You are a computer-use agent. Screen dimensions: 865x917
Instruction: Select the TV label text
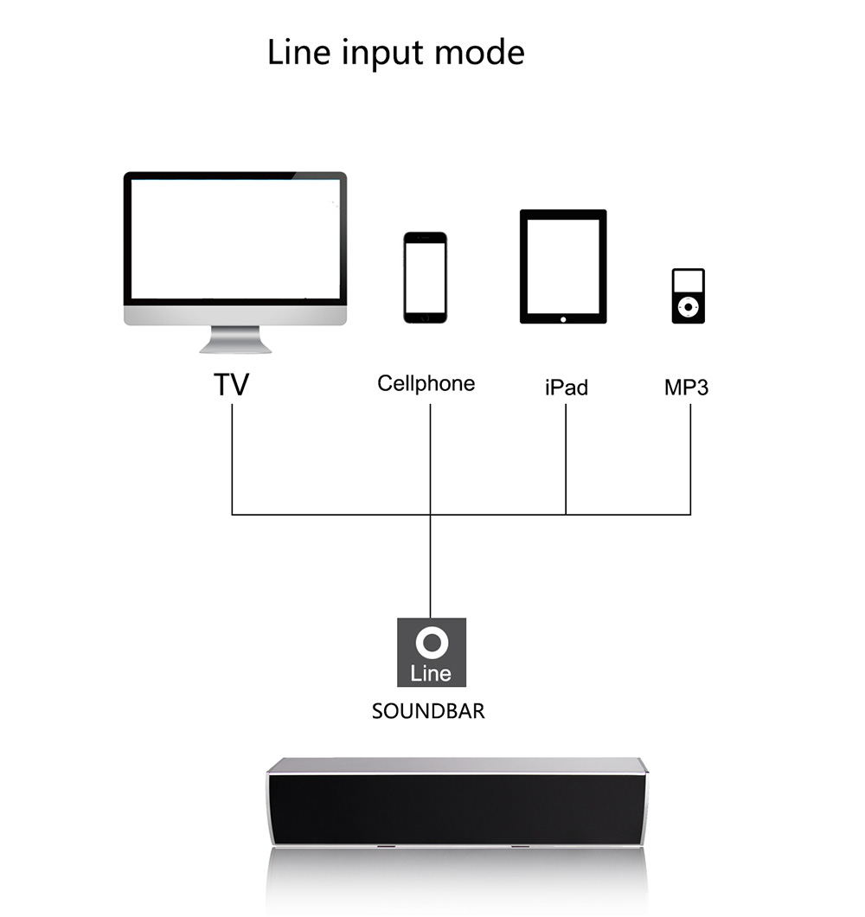pyautogui.click(x=231, y=384)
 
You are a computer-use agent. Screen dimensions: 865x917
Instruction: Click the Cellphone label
pyautogui.click(x=426, y=383)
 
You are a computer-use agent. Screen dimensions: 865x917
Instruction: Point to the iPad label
pyautogui.click(x=566, y=388)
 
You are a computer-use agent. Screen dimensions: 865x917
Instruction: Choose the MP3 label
pyautogui.click(x=686, y=388)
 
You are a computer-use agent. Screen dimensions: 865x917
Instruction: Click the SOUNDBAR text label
pyautogui.click(x=428, y=711)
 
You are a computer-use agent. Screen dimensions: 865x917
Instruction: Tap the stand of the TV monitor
pyautogui.click(x=235, y=339)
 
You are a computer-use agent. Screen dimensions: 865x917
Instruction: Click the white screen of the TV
pyautogui.click(x=235, y=239)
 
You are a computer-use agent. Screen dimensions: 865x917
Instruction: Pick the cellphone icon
pyautogui.click(x=426, y=277)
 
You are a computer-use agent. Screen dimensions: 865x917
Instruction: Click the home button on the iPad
pyautogui.click(x=563, y=319)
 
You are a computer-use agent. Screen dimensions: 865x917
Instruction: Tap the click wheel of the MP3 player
pyautogui.click(x=689, y=306)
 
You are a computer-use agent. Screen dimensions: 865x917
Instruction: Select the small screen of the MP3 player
pyautogui.click(x=689, y=280)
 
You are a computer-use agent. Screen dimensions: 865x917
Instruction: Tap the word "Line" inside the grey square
pyautogui.click(x=431, y=673)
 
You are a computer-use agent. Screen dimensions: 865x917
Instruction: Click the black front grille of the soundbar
pyautogui.click(x=457, y=810)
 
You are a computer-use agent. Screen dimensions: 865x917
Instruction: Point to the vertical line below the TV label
pyautogui.click(x=232, y=459)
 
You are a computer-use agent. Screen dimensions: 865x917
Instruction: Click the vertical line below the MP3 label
pyautogui.click(x=691, y=459)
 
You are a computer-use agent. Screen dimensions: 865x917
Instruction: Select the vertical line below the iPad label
pyautogui.click(x=566, y=459)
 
